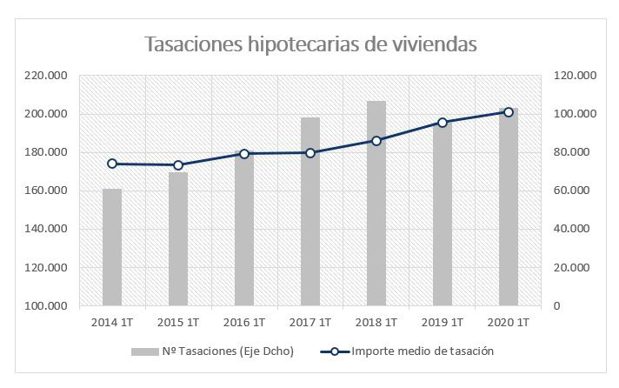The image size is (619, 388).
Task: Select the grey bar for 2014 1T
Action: (112, 248)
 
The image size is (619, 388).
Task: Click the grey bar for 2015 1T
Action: (178, 239)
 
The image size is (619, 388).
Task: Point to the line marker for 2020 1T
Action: (509, 111)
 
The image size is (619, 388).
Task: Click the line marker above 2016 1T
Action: (244, 154)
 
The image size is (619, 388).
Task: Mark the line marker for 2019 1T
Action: (443, 123)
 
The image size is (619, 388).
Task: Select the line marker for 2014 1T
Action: (112, 164)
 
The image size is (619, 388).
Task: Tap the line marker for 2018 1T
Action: (376, 141)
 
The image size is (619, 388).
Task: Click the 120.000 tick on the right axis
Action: (573, 76)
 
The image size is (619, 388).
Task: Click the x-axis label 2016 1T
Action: (244, 323)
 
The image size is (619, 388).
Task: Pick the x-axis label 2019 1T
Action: (443, 323)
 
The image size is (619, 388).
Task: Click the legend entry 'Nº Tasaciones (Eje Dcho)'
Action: (216, 351)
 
